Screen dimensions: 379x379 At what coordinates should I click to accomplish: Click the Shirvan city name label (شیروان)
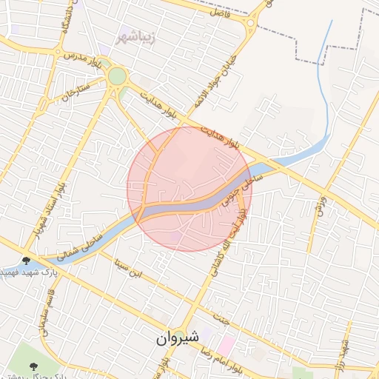(178, 338)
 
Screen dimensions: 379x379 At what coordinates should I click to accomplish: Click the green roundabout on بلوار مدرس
(117, 76)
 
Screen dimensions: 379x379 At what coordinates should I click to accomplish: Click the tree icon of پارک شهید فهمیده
(27, 261)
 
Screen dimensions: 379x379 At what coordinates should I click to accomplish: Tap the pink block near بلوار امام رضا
(226, 345)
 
